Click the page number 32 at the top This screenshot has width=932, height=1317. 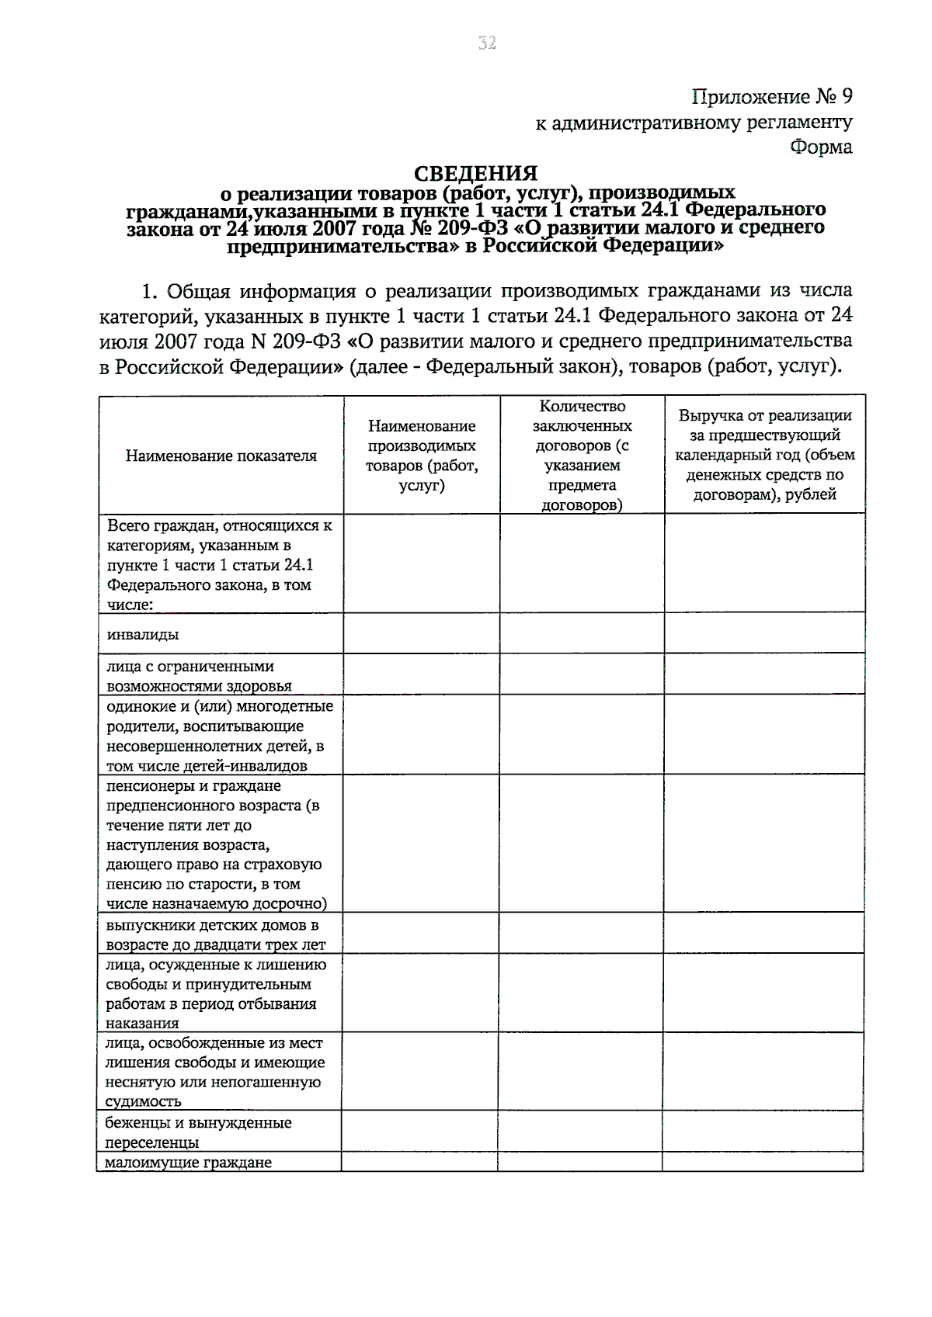[487, 43]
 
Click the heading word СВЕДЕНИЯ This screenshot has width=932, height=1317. [475, 173]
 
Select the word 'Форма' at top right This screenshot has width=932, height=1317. [821, 147]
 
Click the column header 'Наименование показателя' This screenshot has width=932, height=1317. [221, 456]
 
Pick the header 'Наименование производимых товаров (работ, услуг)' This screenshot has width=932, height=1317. [422, 456]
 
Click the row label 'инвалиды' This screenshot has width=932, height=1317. [144, 635]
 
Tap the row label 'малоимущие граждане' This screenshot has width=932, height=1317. [189, 1163]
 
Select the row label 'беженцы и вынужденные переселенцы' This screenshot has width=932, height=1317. [198, 1132]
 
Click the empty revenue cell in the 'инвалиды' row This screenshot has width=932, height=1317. [764, 633]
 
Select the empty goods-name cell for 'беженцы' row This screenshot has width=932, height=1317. [419, 1132]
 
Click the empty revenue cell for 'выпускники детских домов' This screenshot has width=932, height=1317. [764, 933]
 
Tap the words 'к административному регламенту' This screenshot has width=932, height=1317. [694, 122]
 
